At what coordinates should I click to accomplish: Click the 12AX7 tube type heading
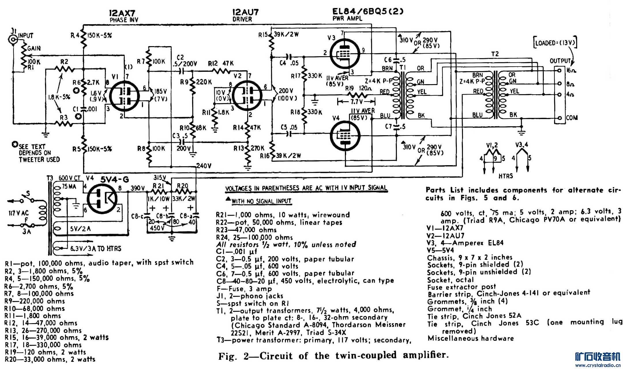tap(122, 13)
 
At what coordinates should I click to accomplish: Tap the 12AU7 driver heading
tap(245, 12)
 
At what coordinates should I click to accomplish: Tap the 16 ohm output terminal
tap(560, 70)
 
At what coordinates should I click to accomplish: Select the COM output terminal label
tap(571, 118)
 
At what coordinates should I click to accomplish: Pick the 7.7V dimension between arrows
tap(356, 101)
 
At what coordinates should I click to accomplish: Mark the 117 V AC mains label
tap(19, 213)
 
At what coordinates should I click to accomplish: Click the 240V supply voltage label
tap(204, 166)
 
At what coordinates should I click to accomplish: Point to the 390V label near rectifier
tap(138, 188)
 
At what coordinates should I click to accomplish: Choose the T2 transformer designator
tap(495, 54)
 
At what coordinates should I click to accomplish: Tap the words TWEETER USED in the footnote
tap(40, 159)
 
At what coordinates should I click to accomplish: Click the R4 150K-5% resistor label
tap(91, 35)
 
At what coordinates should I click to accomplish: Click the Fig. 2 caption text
tap(333, 356)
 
